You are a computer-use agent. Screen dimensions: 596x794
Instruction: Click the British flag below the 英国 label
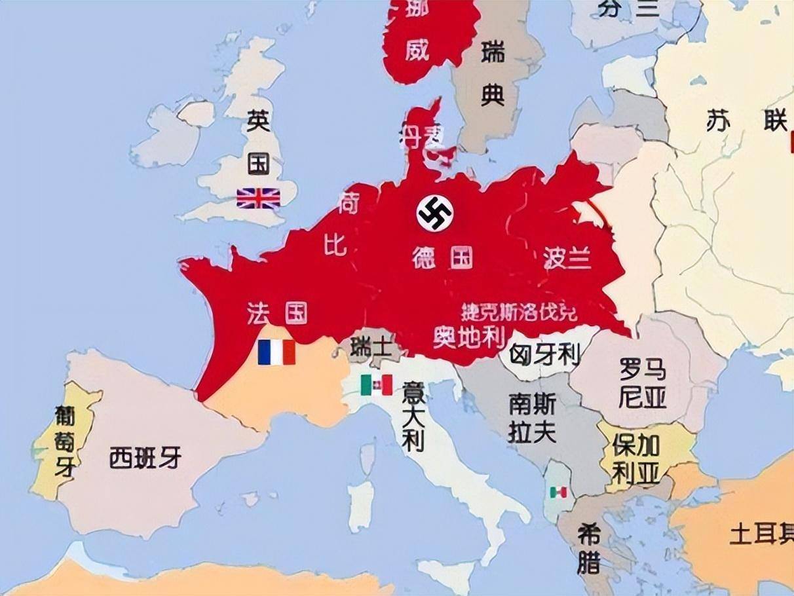click(x=258, y=198)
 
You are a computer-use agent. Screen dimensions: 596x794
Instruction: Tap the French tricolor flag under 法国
click(x=276, y=352)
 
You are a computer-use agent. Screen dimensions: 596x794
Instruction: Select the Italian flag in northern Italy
click(x=377, y=384)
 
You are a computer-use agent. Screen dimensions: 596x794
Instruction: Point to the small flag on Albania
click(x=559, y=491)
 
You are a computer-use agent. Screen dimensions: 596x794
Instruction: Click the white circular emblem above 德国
click(x=436, y=212)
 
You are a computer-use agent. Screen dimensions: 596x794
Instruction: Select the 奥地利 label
click(x=469, y=337)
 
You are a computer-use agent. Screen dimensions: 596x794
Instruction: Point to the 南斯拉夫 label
click(x=532, y=419)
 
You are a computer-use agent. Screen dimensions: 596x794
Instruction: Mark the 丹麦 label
click(x=422, y=135)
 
